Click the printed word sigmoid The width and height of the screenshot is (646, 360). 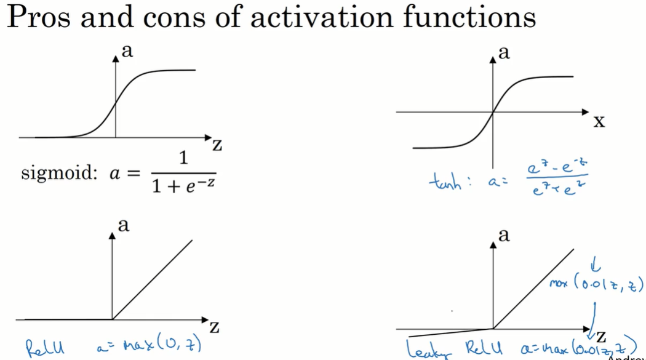[56, 174]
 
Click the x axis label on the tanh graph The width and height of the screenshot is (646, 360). [599, 121]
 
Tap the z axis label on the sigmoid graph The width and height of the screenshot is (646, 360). [217, 145]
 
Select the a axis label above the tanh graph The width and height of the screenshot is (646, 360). [504, 54]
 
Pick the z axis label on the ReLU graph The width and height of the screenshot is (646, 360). [214, 326]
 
